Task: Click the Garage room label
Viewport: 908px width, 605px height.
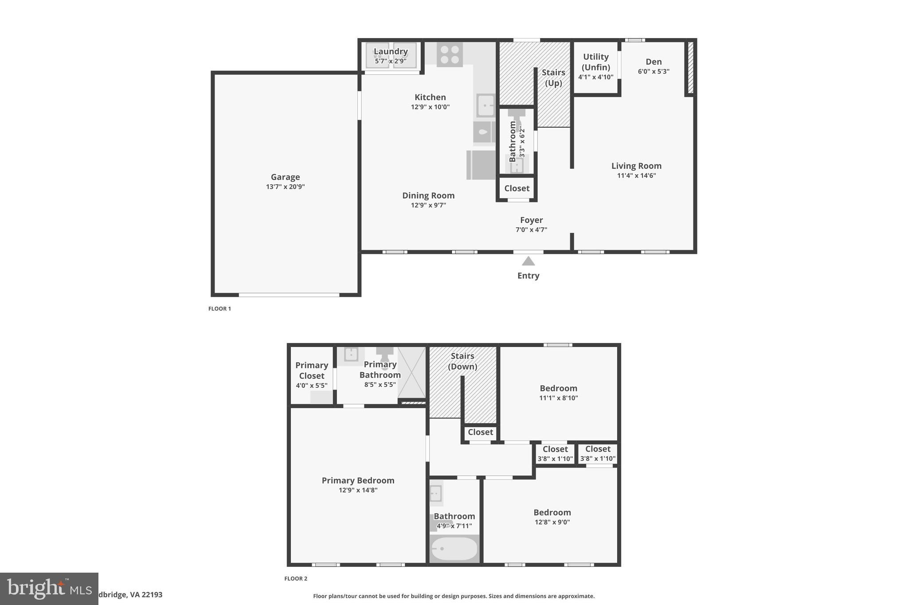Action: pyautogui.click(x=285, y=177)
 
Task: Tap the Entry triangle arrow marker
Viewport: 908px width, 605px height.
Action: pyautogui.click(x=528, y=261)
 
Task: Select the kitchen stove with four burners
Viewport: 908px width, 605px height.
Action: pyautogui.click(x=450, y=55)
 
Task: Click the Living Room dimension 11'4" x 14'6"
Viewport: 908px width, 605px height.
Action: pyautogui.click(x=636, y=176)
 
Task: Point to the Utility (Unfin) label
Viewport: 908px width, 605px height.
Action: pyautogui.click(x=595, y=62)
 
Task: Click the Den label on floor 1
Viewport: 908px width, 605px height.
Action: pyautogui.click(x=654, y=62)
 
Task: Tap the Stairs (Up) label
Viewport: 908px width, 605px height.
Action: pyautogui.click(x=553, y=78)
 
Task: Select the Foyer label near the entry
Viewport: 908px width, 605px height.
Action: pyautogui.click(x=531, y=220)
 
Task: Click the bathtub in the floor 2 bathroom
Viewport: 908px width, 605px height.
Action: pyautogui.click(x=454, y=549)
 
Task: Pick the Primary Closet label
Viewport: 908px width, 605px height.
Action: pyautogui.click(x=312, y=370)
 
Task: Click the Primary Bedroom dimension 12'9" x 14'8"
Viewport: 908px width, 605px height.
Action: pyautogui.click(x=358, y=490)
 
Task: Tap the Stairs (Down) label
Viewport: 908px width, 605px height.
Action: pyautogui.click(x=462, y=361)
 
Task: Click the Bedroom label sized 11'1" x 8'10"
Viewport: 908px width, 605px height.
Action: pyautogui.click(x=558, y=388)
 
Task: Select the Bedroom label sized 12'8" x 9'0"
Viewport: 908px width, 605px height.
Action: pyautogui.click(x=552, y=512)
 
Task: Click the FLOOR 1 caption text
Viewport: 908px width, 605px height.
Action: pyautogui.click(x=219, y=308)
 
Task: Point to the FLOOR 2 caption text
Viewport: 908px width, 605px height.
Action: pyautogui.click(x=296, y=578)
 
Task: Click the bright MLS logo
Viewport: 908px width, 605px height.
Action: pyautogui.click(x=49, y=589)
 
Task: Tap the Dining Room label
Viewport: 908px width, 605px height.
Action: pyautogui.click(x=428, y=195)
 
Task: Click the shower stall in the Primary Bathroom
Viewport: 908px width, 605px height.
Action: pyautogui.click(x=412, y=372)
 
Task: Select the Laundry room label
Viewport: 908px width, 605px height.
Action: pyautogui.click(x=390, y=51)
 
